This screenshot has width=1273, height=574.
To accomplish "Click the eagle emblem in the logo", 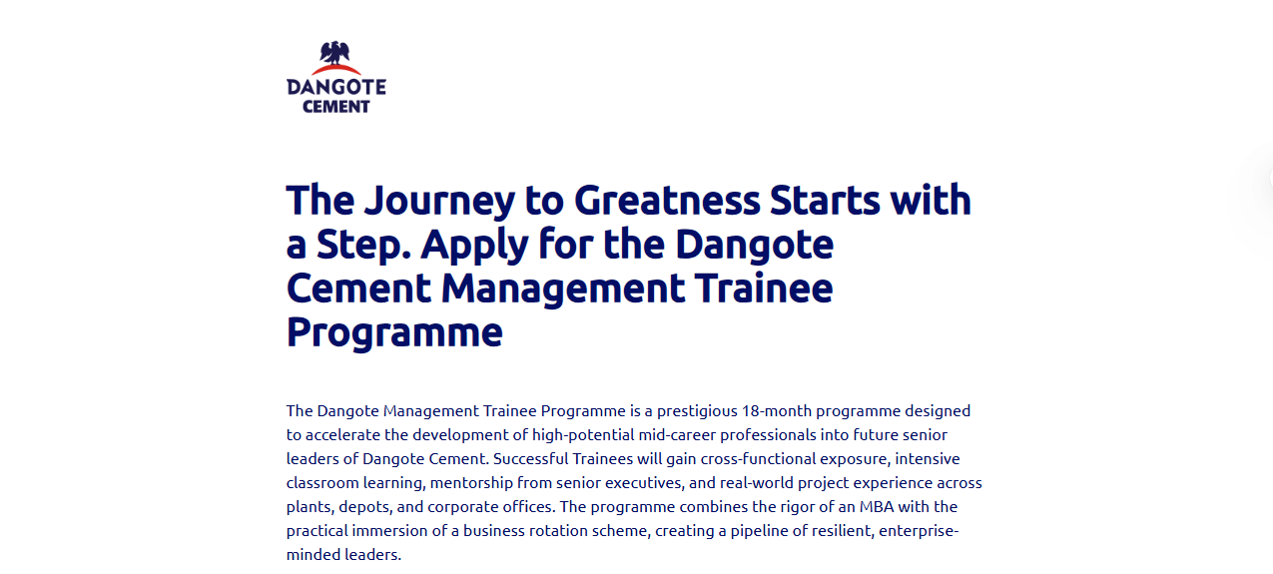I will (x=336, y=54).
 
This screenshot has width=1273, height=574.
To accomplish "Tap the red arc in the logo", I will (x=336, y=70).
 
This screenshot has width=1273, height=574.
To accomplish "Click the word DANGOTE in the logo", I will (x=336, y=87).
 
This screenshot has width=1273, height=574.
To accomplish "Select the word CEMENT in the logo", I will (x=336, y=106).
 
